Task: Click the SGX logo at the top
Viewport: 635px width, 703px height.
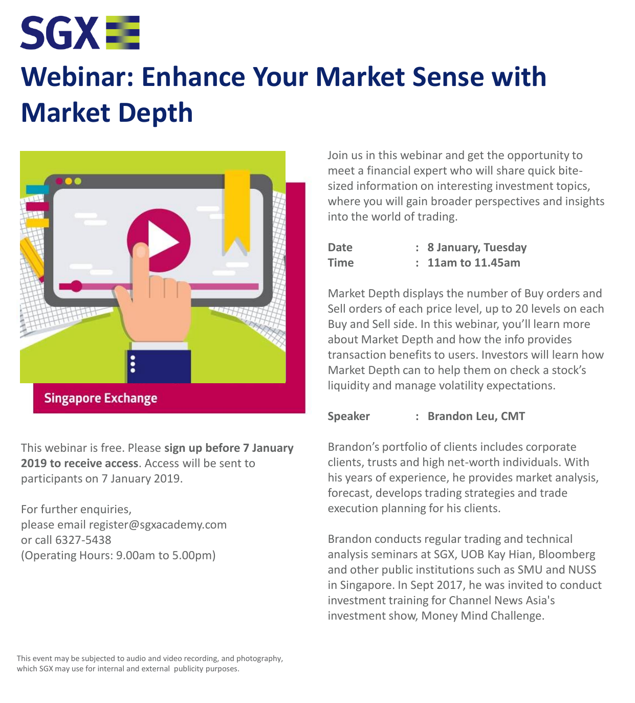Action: (80, 32)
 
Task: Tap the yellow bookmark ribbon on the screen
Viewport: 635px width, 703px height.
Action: (237, 212)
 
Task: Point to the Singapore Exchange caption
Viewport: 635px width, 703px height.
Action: (101, 399)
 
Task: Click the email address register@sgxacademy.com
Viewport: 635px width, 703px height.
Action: (158, 524)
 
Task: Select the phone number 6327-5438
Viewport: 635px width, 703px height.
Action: (83, 540)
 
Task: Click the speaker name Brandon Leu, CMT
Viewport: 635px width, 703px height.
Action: (476, 416)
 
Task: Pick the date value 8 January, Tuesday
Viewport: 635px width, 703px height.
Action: (477, 248)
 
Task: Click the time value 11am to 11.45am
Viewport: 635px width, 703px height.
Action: (474, 263)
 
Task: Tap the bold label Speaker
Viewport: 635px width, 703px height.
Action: (348, 416)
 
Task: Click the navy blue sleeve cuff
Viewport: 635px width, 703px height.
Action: (159, 366)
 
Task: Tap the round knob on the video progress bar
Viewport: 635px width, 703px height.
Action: (76, 286)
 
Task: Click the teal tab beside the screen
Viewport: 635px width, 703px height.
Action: (37, 189)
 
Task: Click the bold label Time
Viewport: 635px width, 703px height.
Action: (340, 263)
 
